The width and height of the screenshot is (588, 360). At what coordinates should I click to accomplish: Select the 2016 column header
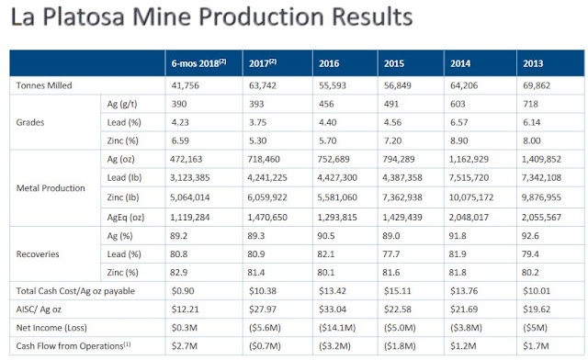tap(329, 63)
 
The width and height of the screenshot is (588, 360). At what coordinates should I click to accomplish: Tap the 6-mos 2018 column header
tap(198, 63)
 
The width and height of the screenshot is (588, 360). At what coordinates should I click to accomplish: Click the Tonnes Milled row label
tap(44, 85)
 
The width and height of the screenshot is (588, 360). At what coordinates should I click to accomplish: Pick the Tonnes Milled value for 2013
tap(537, 85)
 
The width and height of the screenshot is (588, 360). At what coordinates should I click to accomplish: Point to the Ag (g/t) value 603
tap(458, 104)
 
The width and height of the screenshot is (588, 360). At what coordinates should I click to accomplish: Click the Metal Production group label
tap(51, 188)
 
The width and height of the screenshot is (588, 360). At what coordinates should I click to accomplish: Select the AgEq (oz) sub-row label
tap(126, 217)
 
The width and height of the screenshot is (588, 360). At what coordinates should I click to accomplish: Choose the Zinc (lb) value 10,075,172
tap(471, 197)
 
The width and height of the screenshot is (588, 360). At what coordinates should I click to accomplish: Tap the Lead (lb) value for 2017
tap(267, 177)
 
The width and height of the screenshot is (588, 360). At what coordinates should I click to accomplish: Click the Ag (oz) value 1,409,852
tap(541, 159)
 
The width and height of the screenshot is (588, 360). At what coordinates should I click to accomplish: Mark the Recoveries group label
tap(38, 253)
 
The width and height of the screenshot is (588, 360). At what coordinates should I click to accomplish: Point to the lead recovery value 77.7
tap(391, 253)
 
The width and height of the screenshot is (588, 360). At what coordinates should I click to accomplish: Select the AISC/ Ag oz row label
tap(39, 309)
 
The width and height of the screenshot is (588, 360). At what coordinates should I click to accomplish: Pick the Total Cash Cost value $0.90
tap(183, 291)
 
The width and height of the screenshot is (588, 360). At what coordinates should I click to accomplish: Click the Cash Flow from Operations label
tap(73, 345)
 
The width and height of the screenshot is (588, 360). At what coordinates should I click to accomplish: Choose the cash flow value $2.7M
tap(184, 345)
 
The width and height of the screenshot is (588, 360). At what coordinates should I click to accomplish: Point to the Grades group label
tap(30, 122)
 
